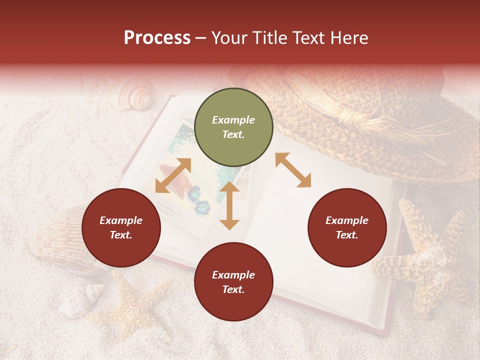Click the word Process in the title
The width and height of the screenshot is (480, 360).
click(x=157, y=38)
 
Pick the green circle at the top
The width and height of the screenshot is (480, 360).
click(x=233, y=127)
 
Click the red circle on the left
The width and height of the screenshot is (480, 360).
click(x=121, y=228)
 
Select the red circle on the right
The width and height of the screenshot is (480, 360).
click(x=347, y=228)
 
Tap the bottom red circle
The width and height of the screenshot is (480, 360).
click(x=233, y=282)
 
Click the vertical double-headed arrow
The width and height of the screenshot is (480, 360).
click(x=229, y=205)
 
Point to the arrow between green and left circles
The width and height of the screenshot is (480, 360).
click(x=173, y=175)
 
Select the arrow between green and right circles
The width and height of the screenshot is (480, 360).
click(x=293, y=170)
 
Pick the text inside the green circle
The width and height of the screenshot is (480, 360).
click(x=233, y=127)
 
